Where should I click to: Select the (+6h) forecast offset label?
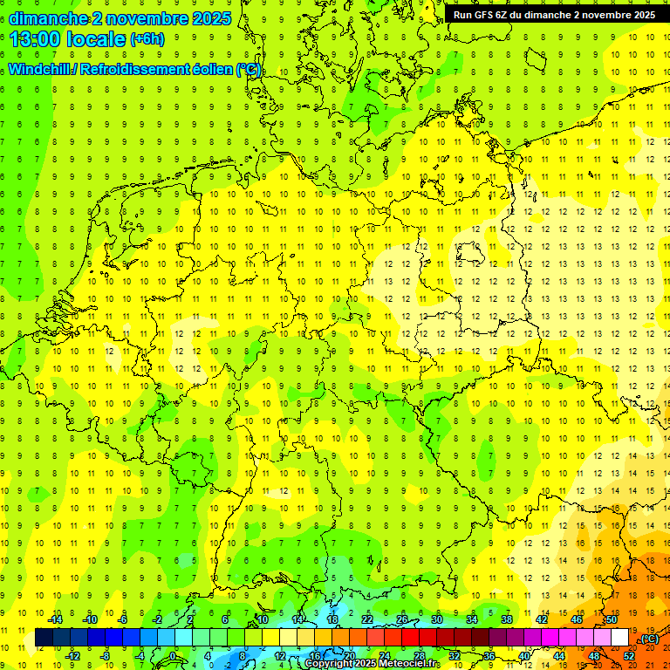pos(146,39)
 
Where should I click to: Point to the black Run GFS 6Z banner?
pos(554,15)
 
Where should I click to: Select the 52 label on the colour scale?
pos(628,656)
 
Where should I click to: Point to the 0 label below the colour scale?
pos(173,656)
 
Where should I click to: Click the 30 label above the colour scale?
pos(435,619)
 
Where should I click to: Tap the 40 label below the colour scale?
pos(523,656)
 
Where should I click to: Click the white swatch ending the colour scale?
pos(619,638)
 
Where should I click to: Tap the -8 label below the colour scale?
pos(106,656)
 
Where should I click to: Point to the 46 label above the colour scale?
pos(576,619)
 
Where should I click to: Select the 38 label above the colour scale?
pos(506,619)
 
